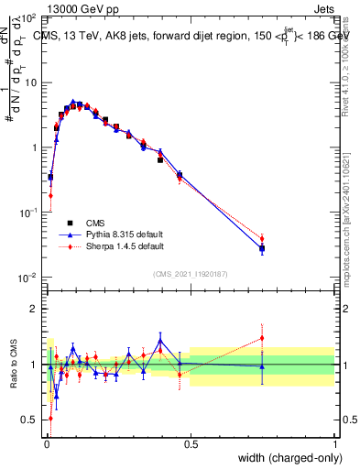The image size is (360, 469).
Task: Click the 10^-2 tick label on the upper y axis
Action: [26, 277]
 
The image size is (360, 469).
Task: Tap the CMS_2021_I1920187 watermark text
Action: [190, 272]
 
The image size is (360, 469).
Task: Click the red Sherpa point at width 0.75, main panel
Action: [262, 239]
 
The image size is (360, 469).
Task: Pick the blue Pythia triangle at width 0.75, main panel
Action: [262, 247]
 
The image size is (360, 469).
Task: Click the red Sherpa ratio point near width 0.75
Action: [262, 338]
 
